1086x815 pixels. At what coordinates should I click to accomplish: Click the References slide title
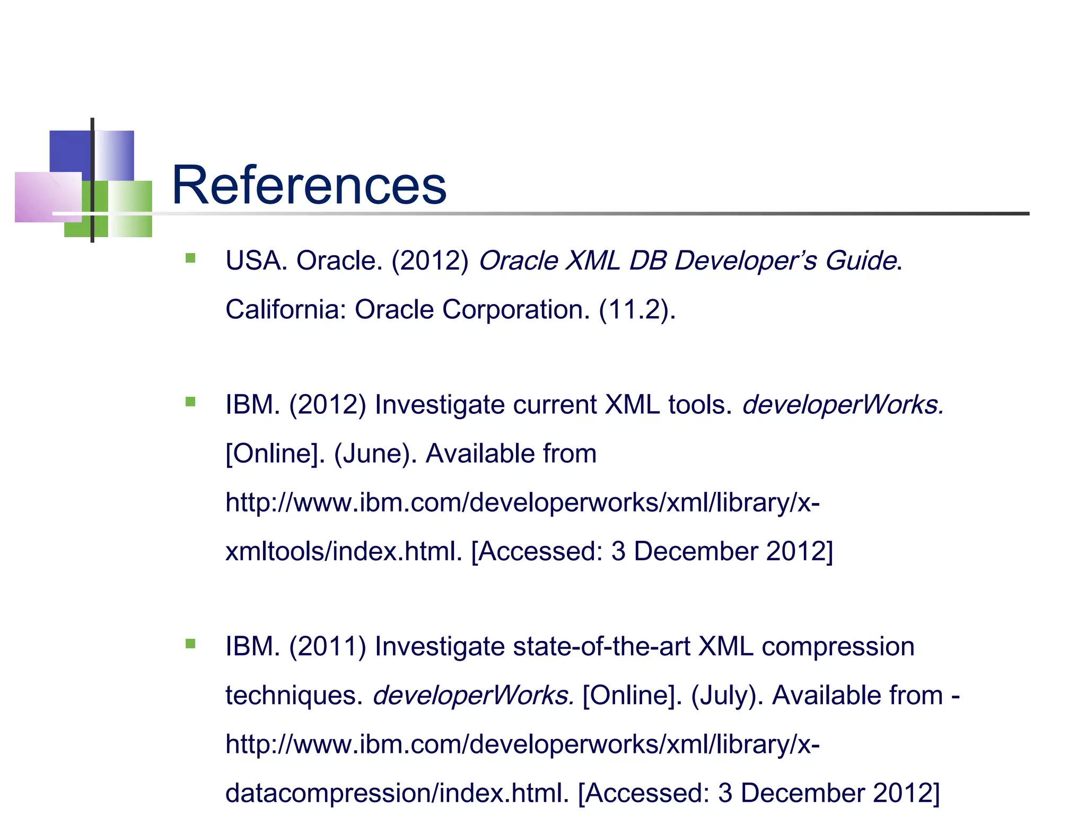309,185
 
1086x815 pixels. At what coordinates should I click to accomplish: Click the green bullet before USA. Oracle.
191,258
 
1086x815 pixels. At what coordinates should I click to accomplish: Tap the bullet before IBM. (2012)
191,402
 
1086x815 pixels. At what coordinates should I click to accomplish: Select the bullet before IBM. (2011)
191,644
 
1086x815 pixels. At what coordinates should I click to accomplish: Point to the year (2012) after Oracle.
430,261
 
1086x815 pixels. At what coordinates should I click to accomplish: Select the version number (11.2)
637,309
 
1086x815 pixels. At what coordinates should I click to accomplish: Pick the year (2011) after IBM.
328,647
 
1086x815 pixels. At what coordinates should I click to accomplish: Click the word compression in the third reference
838,647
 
